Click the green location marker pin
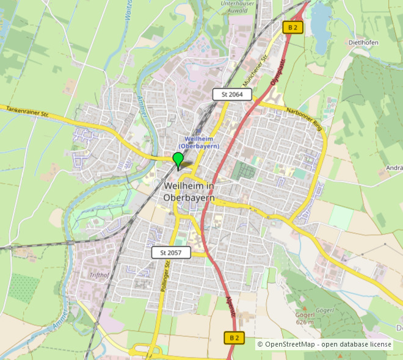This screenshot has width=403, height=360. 178,160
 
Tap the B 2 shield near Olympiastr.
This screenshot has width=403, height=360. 292,27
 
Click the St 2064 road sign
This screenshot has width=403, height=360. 232,94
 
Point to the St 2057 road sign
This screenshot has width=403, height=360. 171,253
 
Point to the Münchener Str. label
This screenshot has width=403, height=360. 256,71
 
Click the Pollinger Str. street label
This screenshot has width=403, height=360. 162,278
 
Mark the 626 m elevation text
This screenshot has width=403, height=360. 305,322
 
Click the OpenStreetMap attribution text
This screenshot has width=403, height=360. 324,345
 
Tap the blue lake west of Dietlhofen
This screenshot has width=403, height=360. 321,27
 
